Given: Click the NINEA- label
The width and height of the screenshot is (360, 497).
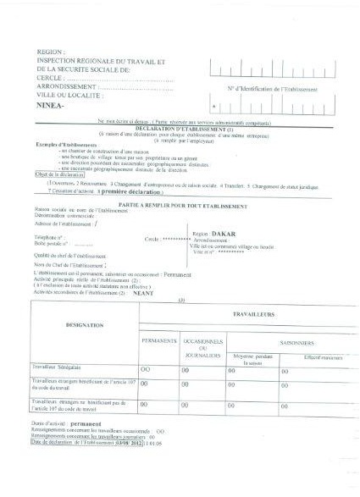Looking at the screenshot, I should (53, 108).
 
